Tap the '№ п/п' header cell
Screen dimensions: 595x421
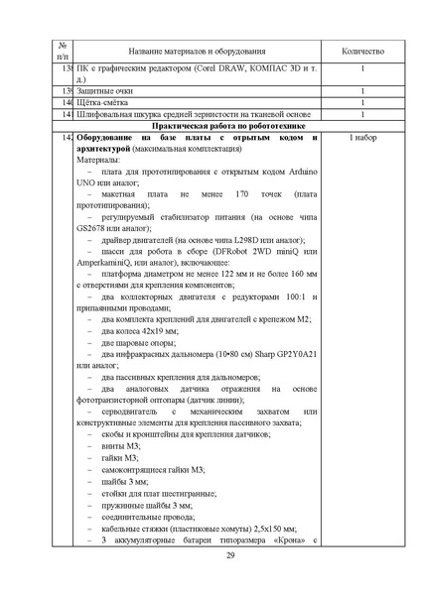coord(64,50)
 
